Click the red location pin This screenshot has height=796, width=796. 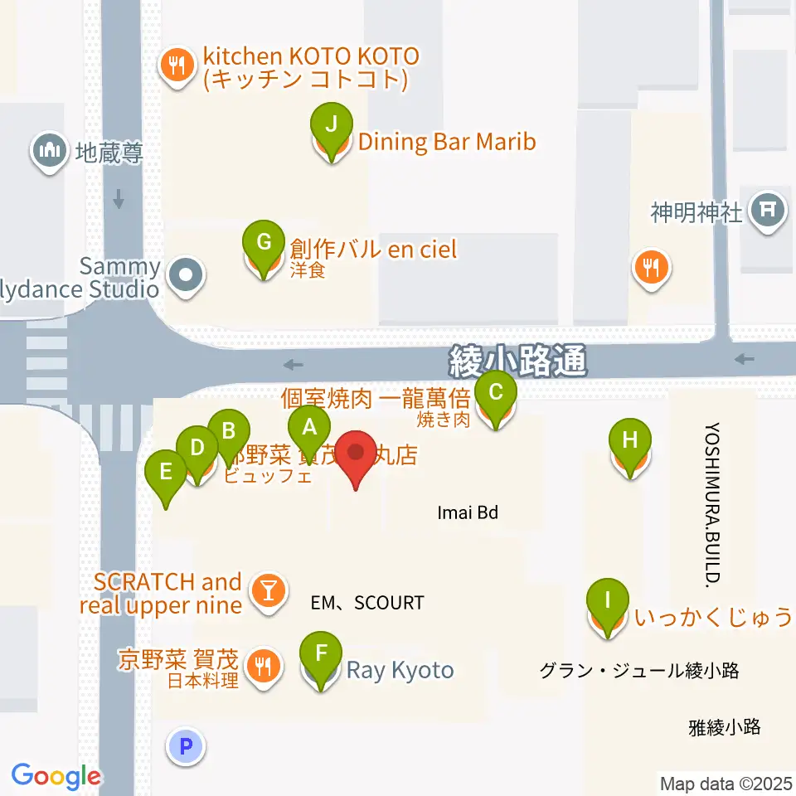click(357, 455)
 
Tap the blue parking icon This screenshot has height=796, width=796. click(186, 745)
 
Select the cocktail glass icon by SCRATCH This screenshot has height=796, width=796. click(269, 591)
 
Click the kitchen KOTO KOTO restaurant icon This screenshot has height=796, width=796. click(176, 66)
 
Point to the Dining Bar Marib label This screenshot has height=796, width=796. click(447, 142)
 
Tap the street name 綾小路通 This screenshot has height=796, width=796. click(518, 361)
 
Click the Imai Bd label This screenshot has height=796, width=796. click(468, 513)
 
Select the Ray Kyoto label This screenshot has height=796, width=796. click(400, 670)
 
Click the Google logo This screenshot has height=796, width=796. click(56, 776)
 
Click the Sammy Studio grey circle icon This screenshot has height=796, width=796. click(186, 274)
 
